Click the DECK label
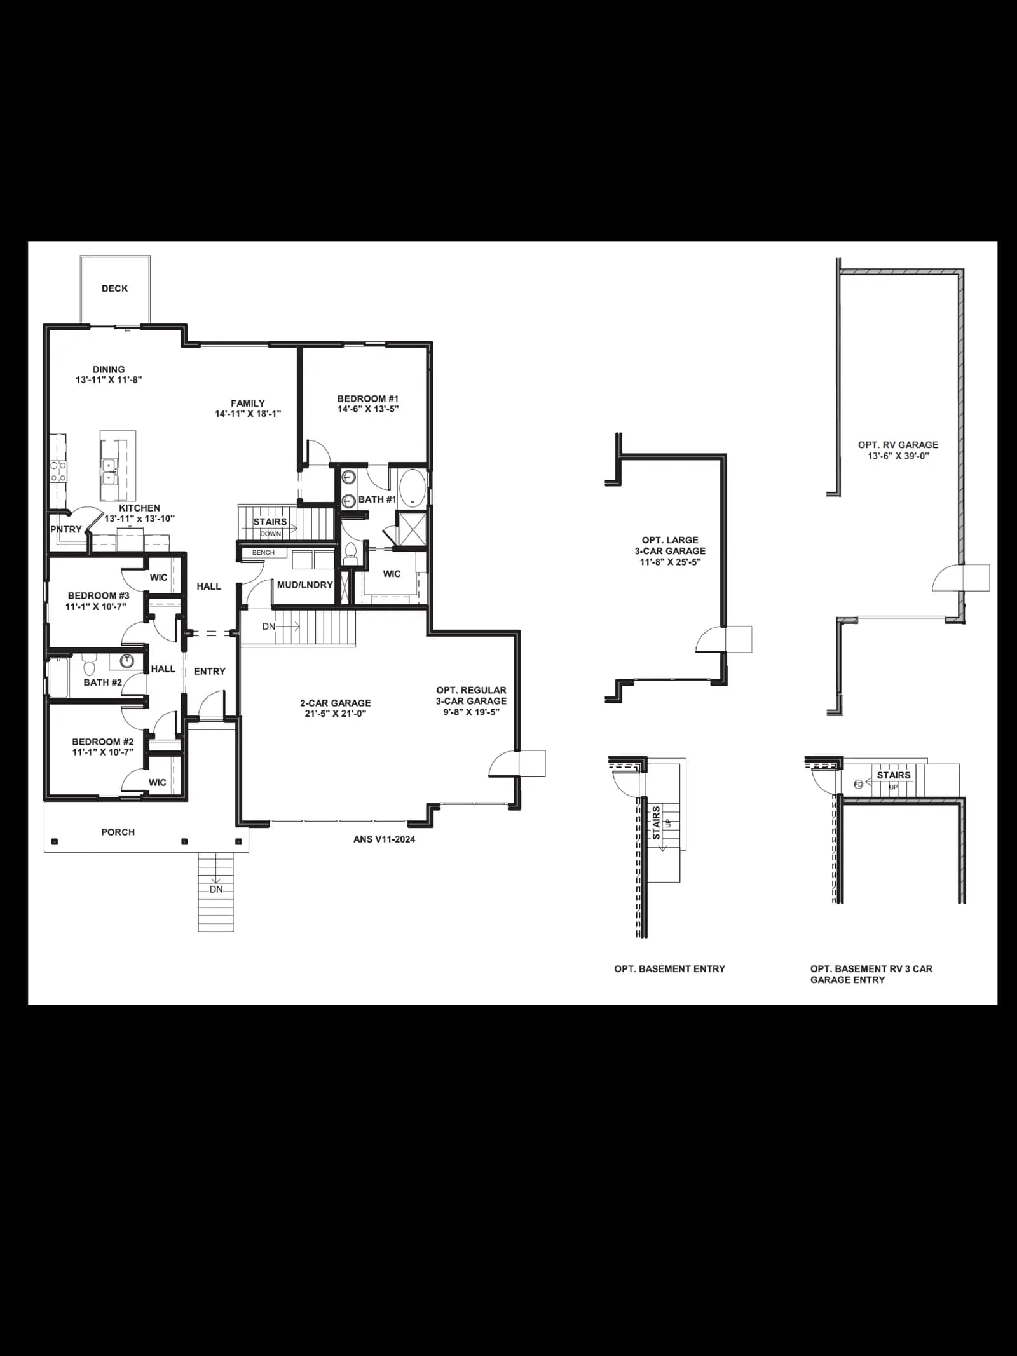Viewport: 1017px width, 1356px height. (114, 288)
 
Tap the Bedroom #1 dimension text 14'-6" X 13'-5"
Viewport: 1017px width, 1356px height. (368, 409)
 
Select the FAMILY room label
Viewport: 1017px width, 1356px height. (248, 403)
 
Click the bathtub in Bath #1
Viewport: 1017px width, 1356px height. (413, 488)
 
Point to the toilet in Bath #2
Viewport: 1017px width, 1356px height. (88, 665)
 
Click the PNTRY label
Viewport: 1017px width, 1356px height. (66, 529)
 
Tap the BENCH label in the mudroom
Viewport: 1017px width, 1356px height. (263, 553)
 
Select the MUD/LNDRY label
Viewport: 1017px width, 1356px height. (305, 585)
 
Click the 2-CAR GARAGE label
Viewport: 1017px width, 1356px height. (336, 703)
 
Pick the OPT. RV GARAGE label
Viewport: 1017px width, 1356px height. (898, 445)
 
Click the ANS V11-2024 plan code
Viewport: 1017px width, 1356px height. (384, 839)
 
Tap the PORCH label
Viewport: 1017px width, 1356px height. (118, 832)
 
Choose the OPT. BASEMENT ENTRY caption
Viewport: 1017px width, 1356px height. (670, 969)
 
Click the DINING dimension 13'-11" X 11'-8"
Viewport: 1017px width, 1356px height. (109, 380)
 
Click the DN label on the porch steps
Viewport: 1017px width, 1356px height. (216, 890)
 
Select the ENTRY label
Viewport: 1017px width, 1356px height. (210, 672)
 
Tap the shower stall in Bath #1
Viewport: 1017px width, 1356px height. (411, 528)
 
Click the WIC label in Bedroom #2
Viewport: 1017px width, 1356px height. (158, 783)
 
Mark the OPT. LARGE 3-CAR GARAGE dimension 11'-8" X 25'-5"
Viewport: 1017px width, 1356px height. (670, 562)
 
